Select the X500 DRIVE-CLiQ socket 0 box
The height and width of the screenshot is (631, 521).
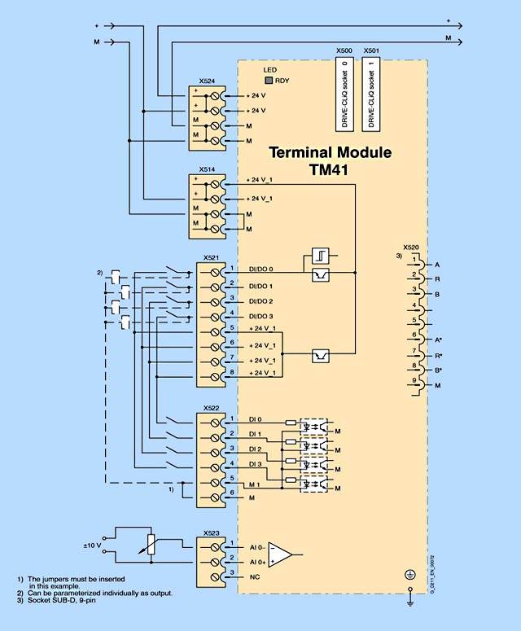click(344, 94)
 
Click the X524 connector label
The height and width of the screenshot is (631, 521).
click(208, 82)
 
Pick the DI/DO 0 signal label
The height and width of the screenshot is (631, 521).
click(260, 269)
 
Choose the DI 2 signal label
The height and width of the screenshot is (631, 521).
click(255, 449)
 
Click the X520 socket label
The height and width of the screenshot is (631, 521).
click(411, 247)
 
